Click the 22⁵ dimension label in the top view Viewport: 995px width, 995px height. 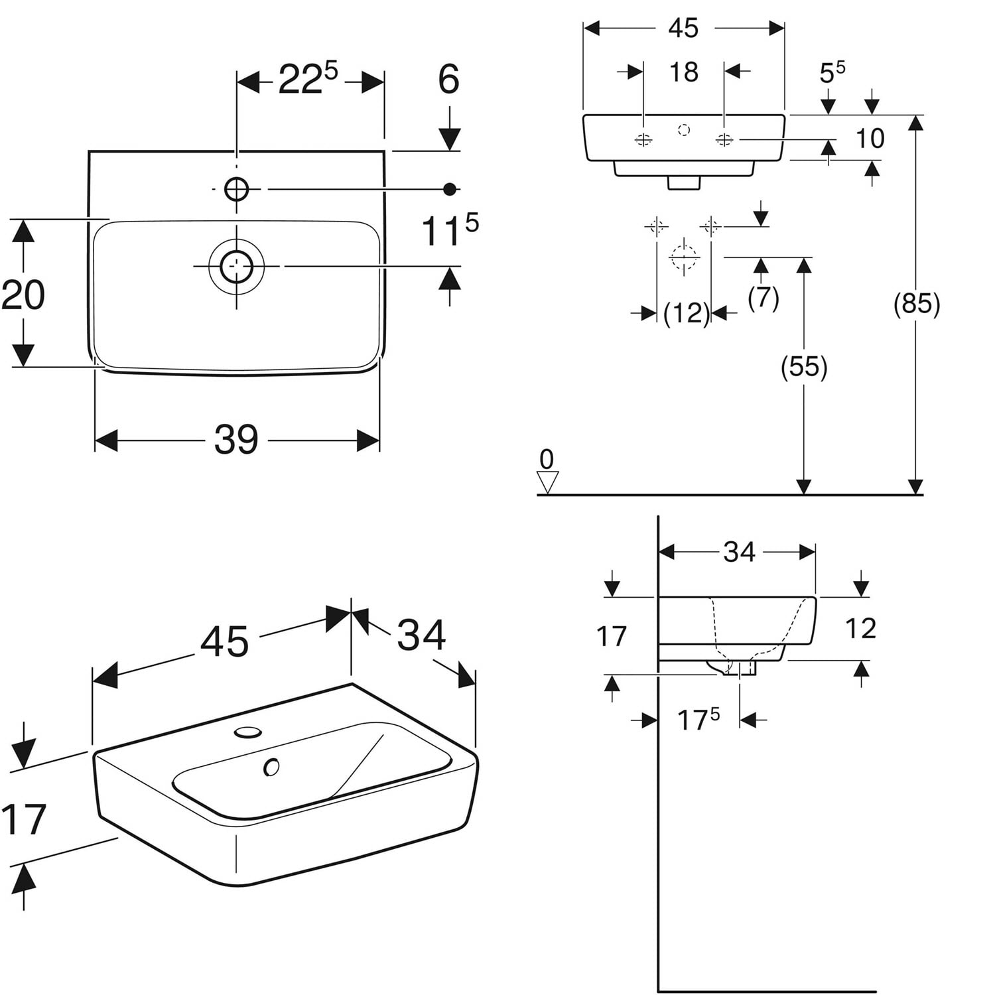coord(308,79)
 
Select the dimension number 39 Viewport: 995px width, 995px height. coord(236,440)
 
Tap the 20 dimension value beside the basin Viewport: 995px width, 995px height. coord(23,295)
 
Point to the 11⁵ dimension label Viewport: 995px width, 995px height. coord(450,230)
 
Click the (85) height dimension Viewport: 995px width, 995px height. coord(917,304)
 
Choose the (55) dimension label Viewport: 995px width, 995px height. coord(804,367)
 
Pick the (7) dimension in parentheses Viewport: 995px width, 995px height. coord(763,298)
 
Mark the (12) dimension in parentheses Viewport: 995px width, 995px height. coord(687,312)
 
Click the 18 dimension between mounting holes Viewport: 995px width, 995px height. coord(683,72)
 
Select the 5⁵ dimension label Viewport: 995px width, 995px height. coord(832,72)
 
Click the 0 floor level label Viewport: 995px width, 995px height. coord(547,459)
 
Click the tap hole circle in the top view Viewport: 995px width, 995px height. coord(236,189)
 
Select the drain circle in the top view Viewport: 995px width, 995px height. coord(236,266)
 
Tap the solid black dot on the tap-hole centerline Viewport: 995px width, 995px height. coord(450,190)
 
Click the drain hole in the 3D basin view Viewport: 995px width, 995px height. coord(271,767)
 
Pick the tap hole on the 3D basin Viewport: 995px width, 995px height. coord(248,732)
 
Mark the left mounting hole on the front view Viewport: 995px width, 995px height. coord(643,140)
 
